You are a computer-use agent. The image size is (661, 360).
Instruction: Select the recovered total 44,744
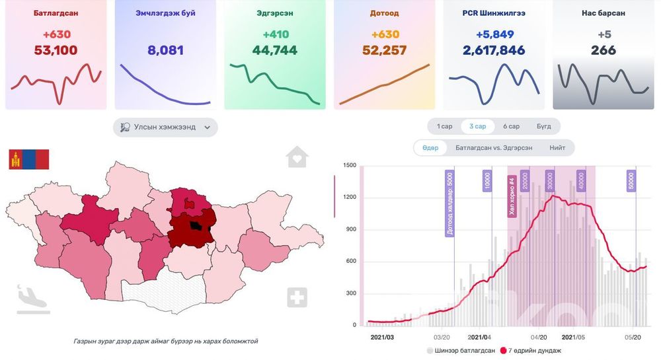click(274, 50)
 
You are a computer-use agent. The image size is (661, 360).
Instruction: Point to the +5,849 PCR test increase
click(494, 34)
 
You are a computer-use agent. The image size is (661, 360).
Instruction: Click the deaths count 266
click(603, 50)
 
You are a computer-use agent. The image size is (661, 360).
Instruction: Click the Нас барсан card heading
click(603, 13)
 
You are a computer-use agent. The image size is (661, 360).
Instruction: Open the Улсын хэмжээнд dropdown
click(165, 127)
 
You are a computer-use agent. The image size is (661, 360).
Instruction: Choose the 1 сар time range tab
click(444, 126)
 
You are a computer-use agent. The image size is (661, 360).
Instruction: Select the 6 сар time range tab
click(511, 126)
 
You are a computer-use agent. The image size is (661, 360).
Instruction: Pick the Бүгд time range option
click(544, 126)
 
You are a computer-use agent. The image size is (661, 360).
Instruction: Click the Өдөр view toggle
click(430, 148)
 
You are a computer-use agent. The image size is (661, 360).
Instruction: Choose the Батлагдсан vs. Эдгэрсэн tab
click(493, 148)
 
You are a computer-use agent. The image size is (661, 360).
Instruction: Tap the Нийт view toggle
click(557, 148)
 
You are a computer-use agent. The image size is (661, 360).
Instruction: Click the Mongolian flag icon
click(28, 159)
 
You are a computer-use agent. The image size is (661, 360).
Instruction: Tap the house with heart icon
click(297, 157)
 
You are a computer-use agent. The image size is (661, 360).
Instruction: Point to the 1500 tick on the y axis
click(350, 165)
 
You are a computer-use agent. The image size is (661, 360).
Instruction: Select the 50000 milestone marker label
click(631, 181)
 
